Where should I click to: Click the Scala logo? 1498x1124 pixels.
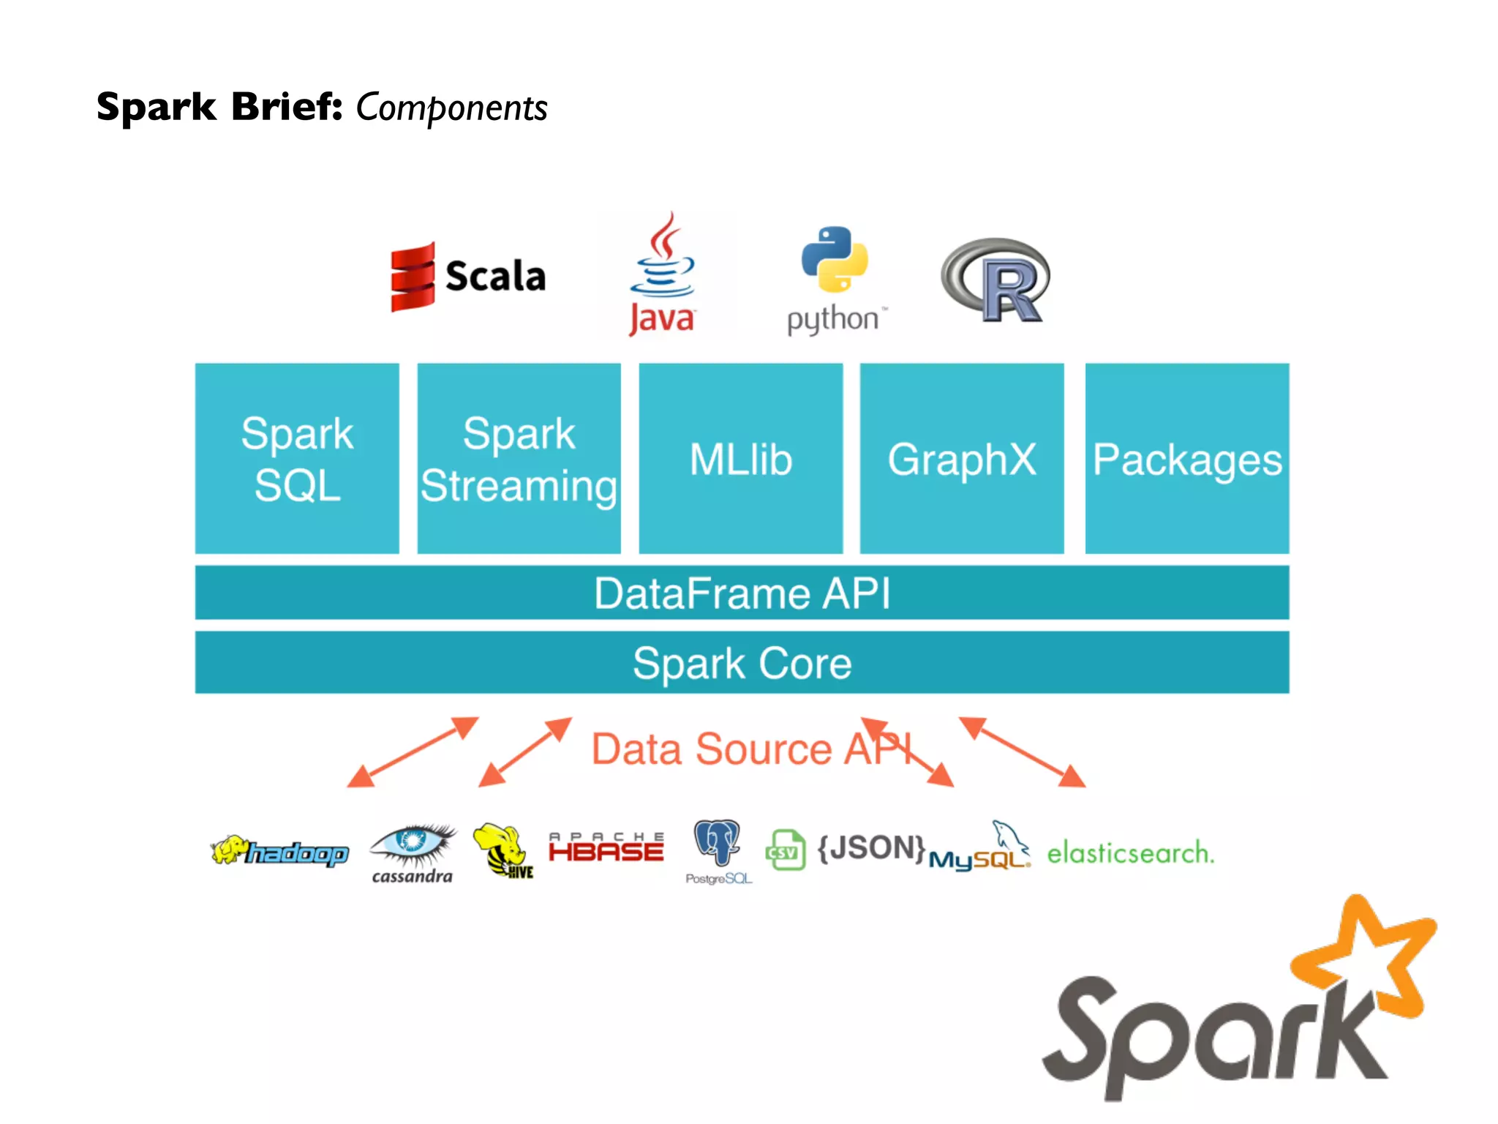pyautogui.click(x=468, y=277)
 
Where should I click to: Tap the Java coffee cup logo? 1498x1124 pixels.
pyautogui.click(x=662, y=274)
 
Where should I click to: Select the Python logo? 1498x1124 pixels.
pyautogui.click(x=835, y=278)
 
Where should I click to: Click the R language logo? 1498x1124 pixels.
pyautogui.click(x=996, y=280)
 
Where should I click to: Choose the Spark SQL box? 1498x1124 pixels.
pyautogui.click(x=297, y=458)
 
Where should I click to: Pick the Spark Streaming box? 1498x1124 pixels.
pyautogui.click(x=519, y=458)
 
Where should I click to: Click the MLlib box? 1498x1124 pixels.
pyautogui.click(x=740, y=458)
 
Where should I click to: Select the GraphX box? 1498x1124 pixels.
pyautogui.click(x=962, y=458)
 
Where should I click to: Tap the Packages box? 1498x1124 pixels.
pyautogui.click(x=1186, y=458)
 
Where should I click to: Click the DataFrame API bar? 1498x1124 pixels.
pyautogui.click(x=742, y=592)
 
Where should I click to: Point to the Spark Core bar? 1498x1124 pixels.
pyautogui.click(x=742, y=662)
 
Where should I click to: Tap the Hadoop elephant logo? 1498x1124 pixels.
pyautogui.click(x=279, y=851)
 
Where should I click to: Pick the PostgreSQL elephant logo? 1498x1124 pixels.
pyautogui.click(x=718, y=849)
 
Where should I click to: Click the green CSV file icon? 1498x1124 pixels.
pyautogui.click(x=785, y=850)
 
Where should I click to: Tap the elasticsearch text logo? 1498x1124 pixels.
pyautogui.click(x=1130, y=853)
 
